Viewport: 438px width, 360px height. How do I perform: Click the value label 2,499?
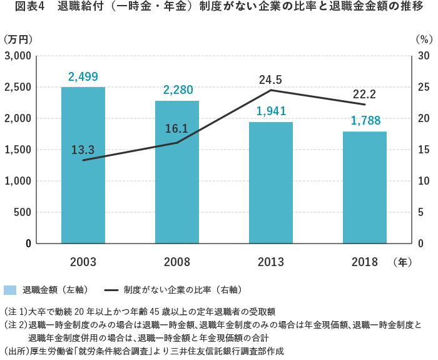tap(83, 77)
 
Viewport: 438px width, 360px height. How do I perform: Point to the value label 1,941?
tap(271, 111)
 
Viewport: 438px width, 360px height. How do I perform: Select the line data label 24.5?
tap(271, 80)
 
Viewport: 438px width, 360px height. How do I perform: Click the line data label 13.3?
tap(83, 150)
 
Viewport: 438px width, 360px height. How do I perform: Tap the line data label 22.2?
tap(364, 94)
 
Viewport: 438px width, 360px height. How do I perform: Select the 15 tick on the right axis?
tap(422, 150)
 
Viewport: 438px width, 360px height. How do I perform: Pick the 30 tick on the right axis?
tap(422, 56)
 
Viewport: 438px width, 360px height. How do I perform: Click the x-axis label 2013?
tap(271, 262)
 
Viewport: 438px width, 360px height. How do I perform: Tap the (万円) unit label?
tap(18, 39)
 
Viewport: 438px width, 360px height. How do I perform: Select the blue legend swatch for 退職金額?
tap(10, 290)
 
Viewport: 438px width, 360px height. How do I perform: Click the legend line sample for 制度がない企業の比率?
tap(111, 290)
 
